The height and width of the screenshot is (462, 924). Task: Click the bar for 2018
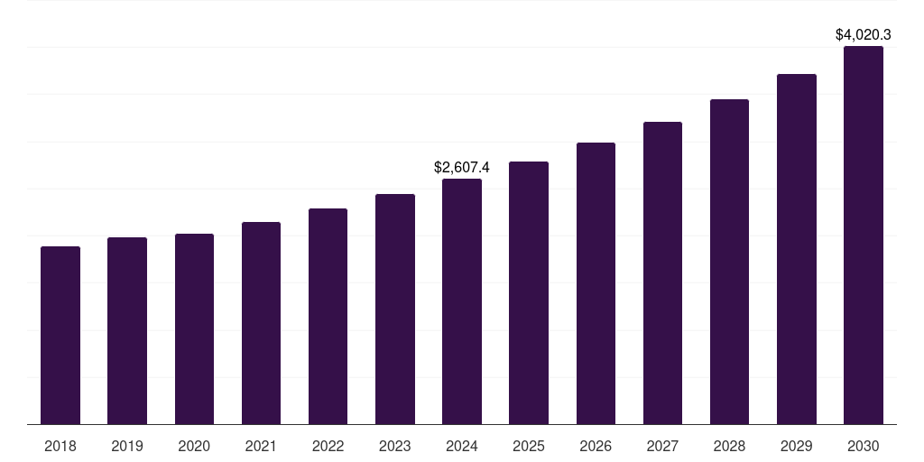pyautogui.click(x=60, y=335)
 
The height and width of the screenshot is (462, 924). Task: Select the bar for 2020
pyautogui.click(x=194, y=328)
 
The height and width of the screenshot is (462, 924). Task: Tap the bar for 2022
pyautogui.click(x=328, y=316)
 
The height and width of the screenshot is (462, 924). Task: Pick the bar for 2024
pyautogui.click(x=462, y=301)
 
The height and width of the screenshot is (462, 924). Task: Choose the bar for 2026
pyautogui.click(x=596, y=283)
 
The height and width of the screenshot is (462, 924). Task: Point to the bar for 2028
pyautogui.click(x=729, y=262)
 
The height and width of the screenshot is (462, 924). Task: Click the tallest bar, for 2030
pyautogui.click(x=864, y=235)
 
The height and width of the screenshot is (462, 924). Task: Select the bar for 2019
pyautogui.click(x=127, y=330)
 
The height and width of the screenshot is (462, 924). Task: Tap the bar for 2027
pyautogui.click(x=662, y=273)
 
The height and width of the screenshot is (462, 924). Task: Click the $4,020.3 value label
pyautogui.click(x=864, y=35)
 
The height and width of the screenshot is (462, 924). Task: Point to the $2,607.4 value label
pyautogui.click(x=462, y=168)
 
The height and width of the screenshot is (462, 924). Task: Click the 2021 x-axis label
pyautogui.click(x=261, y=447)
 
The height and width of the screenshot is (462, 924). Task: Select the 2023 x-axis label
pyautogui.click(x=394, y=447)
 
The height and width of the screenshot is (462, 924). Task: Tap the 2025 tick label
pyautogui.click(x=529, y=447)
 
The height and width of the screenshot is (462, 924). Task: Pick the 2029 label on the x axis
pyautogui.click(x=797, y=447)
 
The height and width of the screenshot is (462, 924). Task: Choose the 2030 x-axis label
pyautogui.click(x=864, y=447)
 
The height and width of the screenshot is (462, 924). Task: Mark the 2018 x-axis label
pyautogui.click(x=60, y=447)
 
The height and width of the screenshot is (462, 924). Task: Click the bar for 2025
pyautogui.click(x=529, y=292)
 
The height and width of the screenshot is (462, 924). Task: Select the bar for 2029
pyautogui.click(x=797, y=249)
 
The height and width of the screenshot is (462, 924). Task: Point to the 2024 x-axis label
pyautogui.click(x=462, y=447)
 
